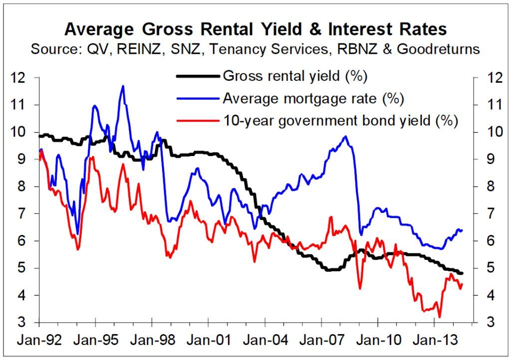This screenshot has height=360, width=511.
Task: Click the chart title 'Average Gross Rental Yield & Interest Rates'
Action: [x=255, y=29]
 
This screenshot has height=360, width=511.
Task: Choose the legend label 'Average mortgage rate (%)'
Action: [x=313, y=98]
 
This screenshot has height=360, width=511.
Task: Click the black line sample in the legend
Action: [x=197, y=76]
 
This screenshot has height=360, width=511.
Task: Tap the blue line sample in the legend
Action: [x=197, y=98]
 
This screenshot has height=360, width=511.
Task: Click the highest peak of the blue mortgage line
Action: [x=123, y=86]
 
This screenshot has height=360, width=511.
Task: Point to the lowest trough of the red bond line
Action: [x=439, y=317]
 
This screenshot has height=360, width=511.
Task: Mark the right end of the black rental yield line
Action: [x=462, y=273]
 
